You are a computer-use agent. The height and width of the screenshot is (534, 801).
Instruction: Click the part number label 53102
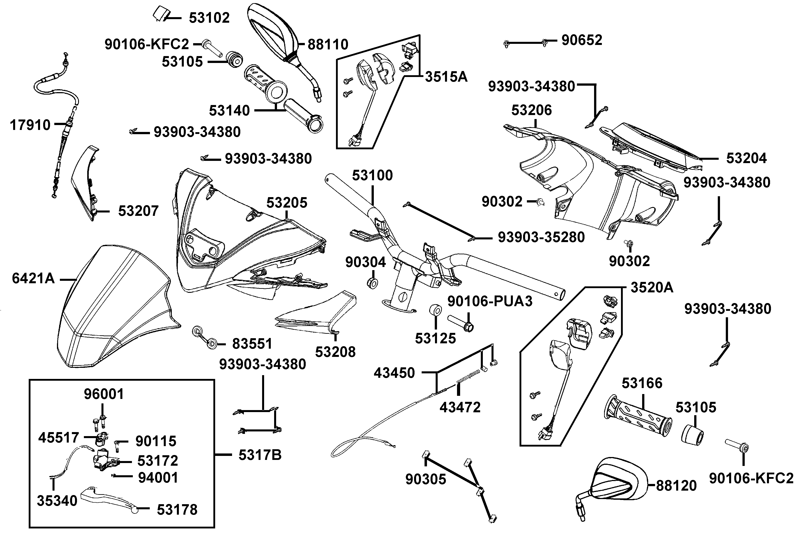(209, 18)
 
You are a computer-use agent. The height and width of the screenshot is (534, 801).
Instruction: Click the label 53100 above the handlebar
(372, 175)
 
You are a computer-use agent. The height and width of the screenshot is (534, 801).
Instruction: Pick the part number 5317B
(260, 455)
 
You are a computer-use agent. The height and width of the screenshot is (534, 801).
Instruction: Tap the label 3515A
(446, 77)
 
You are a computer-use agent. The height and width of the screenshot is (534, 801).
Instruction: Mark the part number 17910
(30, 125)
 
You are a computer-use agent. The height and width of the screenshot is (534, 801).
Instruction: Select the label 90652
(582, 40)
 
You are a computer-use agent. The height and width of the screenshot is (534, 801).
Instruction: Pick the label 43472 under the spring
(460, 407)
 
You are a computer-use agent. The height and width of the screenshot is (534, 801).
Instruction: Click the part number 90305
(425, 479)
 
